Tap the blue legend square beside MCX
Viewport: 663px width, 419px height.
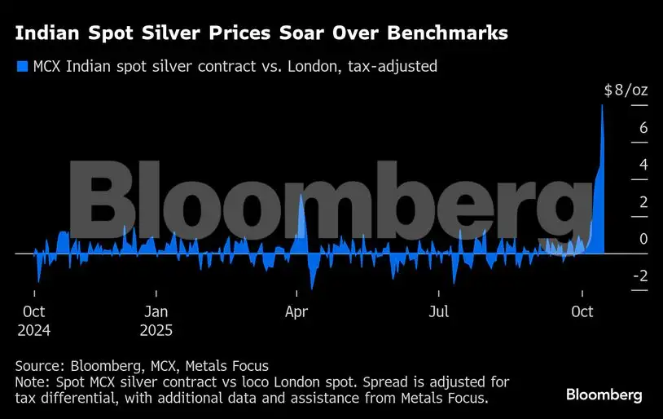[22, 66]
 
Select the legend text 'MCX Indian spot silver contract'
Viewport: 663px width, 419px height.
[135, 66]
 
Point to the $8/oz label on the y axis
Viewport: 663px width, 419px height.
[626, 90]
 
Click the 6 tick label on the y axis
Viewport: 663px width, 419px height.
[620, 128]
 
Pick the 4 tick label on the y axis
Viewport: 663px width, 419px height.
[620, 165]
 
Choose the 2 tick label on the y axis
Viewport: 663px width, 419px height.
[620, 202]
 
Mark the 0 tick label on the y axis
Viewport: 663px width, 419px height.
[620, 239]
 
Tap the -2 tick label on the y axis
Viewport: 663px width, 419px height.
[617, 276]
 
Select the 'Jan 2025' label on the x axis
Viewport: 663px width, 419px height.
[157, 320]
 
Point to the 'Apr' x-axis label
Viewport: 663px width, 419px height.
[297, 311]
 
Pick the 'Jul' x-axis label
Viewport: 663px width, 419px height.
[440, 311]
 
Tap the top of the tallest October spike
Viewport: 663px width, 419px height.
[602, 106]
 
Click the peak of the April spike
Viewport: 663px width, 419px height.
[301, 195]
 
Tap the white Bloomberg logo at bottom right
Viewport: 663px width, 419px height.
[604, 395]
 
